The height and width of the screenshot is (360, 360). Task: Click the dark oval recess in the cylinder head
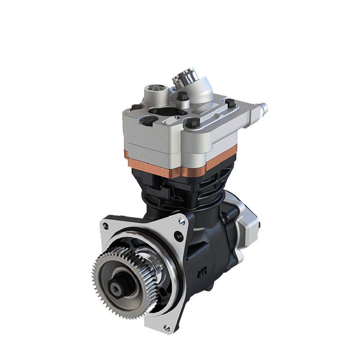[x=164, y=112]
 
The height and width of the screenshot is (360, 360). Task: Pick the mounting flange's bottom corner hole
[x=166, y=327]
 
